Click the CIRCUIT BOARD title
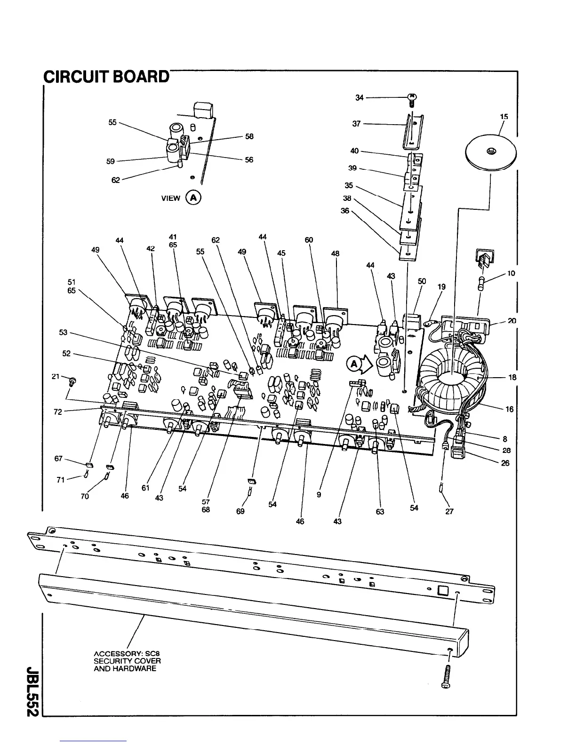click(x=106, y=76)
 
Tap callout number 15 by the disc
click(x=504, y=116)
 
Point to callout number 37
click(x=356, y=124)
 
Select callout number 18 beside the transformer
click(x=512, y=377)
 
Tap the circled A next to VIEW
click(x=193, y=198)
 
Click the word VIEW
click(x=170, y=198)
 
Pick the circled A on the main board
click(x=353, y=363)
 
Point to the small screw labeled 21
click(x=72, y=380)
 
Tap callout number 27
click(x=449, y=511)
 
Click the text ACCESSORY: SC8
click(x=127, y=654)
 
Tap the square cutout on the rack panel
click(x=442, y=590)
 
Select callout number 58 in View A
click(x=249, y=136)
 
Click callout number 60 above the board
click(x=309, y=240)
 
